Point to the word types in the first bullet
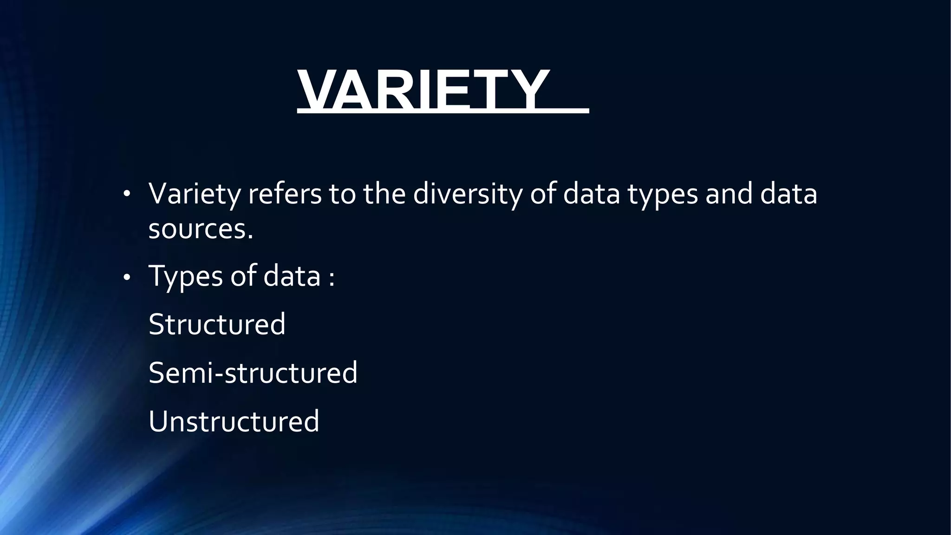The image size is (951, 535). (663, 194)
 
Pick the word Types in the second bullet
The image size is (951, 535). (186, 276)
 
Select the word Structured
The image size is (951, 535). (217, 324)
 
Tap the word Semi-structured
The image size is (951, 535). (253, 372)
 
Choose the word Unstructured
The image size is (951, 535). (234, 421)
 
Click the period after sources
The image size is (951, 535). (251, 237)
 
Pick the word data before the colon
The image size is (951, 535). (292, 276)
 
